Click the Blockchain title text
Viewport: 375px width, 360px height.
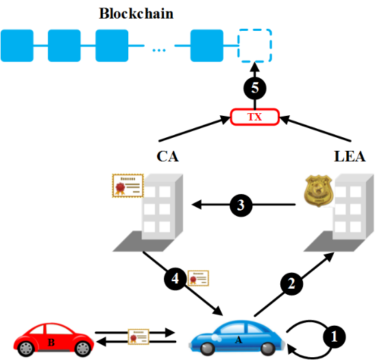click(136, 14)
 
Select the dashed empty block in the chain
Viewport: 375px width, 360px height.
click(254, 45)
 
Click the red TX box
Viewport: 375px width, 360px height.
click(255, 117)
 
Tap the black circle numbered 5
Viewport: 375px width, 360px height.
click(255, 88)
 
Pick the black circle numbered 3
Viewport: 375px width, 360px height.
click(241, 205)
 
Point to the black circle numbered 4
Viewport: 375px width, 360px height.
click(175, 278)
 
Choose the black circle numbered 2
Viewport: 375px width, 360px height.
click(291, 284)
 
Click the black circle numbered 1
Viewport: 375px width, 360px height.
click(334, 337)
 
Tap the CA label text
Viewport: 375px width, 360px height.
click(168, 156)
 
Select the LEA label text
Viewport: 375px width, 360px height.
click(350, 156)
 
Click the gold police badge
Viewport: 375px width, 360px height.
click(319, 191)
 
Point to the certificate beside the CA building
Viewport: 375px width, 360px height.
click(128, 186)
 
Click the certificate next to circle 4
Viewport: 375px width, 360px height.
click(198, 278)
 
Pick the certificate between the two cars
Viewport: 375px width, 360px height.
click(138, 337)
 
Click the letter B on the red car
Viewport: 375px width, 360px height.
click(51, 343)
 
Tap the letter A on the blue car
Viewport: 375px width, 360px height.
click(239, 339)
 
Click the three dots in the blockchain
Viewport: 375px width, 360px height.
click(159, 50)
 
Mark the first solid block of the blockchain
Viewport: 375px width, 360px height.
click(17, 45)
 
